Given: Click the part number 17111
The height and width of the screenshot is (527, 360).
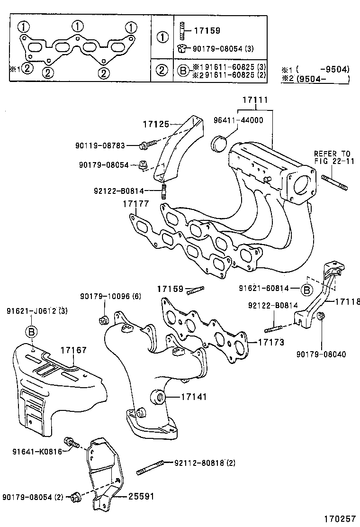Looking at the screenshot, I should [255, 100].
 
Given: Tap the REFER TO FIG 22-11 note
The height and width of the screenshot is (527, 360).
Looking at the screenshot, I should [332, 157].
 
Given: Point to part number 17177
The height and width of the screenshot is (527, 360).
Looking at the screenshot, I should [136, 204].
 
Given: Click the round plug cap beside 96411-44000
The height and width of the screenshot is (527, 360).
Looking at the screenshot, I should [218, 144].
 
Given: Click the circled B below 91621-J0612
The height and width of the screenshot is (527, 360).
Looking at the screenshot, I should [32, 331].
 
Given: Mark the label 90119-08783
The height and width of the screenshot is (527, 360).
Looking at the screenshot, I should [100, 145].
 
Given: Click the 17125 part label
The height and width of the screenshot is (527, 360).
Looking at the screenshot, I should [156, 125].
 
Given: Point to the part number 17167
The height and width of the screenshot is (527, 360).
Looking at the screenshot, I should [73, 350].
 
